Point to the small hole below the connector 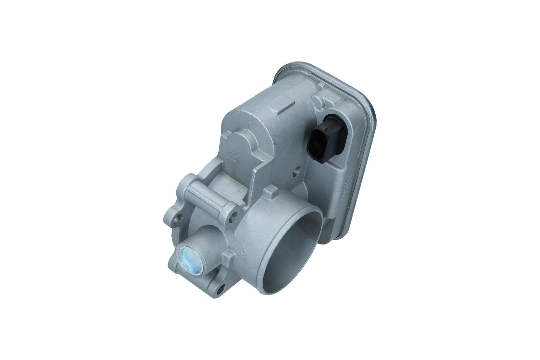[x=297, y=171]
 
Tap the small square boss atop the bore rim [x=270, y=192]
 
